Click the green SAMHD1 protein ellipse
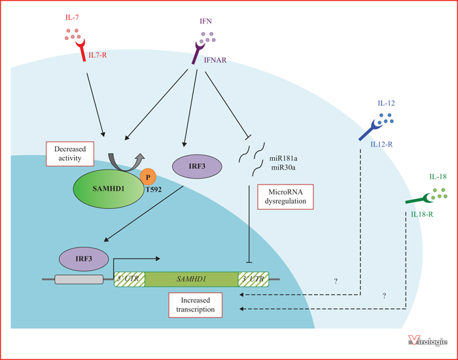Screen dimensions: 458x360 109,189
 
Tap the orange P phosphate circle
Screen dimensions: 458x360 148,177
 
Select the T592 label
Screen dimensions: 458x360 153,190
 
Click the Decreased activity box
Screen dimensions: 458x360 70,154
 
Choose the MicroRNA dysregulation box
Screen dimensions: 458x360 285,197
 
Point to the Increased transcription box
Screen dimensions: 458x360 196,305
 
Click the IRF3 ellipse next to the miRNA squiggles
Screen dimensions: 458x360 197,166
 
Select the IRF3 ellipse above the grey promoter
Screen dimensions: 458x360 84,259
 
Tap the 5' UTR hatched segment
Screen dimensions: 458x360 130,279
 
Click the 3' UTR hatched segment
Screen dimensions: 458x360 254,279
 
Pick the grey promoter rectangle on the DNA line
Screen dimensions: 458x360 79,279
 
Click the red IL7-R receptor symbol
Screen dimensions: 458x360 81,51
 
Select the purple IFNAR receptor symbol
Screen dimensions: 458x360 198,52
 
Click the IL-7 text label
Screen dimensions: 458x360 72,18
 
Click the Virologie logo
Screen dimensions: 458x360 428,341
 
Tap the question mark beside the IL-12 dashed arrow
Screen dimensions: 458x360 336,281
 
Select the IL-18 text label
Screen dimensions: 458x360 438,177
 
